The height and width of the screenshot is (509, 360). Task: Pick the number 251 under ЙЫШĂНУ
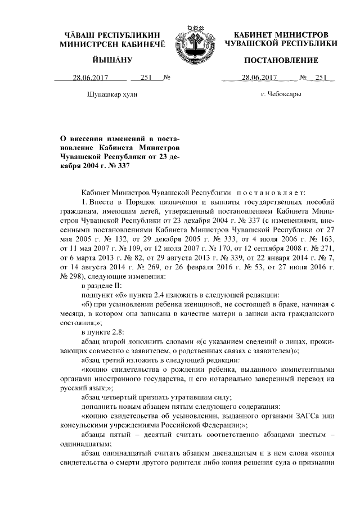(x=147, y=78)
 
